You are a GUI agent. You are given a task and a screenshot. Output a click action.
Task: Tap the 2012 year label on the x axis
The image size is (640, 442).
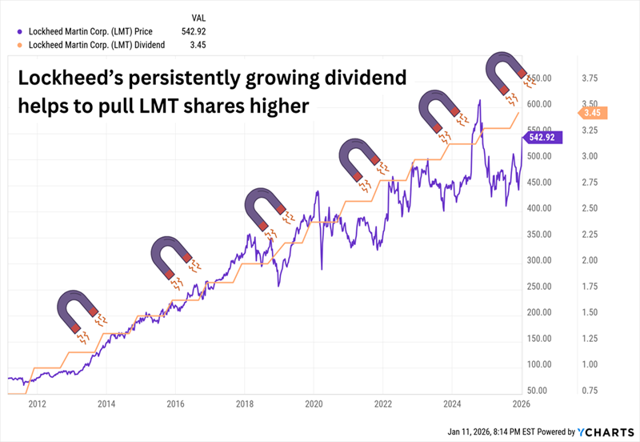[37, 404]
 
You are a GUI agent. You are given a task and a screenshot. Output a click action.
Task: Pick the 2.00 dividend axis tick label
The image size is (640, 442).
[590, 260]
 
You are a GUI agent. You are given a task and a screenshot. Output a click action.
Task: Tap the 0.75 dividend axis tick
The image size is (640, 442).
[590, 390]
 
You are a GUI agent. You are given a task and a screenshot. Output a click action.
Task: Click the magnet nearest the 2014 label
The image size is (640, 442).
[78, 312]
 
